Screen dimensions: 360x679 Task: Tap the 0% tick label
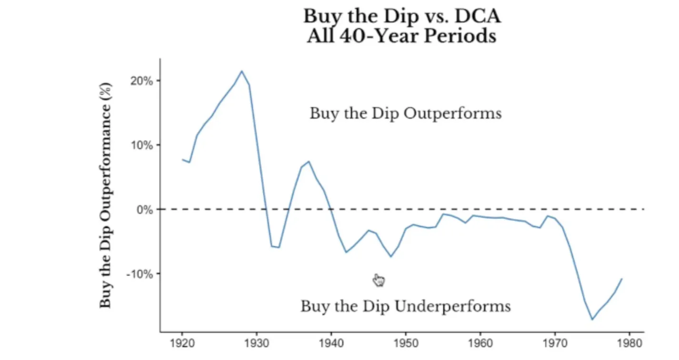pyautogui.click(x=145, y=209)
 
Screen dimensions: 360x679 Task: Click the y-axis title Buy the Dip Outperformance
pyautogui.click(x=106, y=195)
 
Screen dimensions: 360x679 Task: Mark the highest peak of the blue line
pyautogui.click(x=241, y=71)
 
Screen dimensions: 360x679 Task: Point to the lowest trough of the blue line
pyautogui.click(x=592, y=319)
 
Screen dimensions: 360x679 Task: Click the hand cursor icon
pyautogui.click(x=379, y=280)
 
